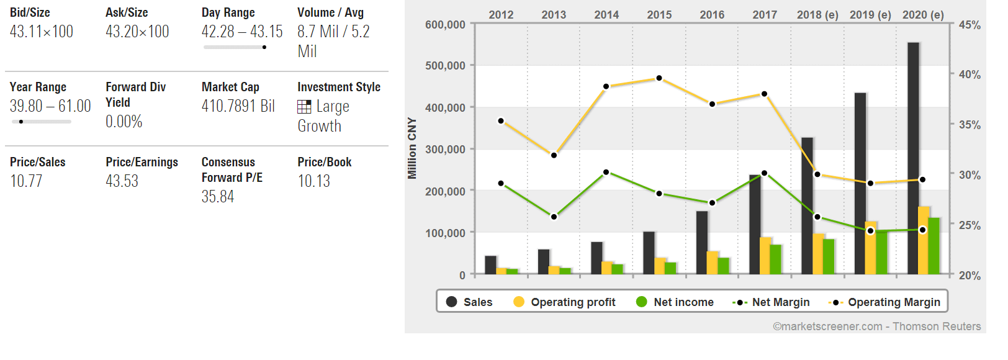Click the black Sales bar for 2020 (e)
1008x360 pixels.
point(913,158)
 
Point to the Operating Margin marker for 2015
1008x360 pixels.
point(659,78)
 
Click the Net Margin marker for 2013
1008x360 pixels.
point(554,217)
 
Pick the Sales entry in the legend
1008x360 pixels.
point(469,302)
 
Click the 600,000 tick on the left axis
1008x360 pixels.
point(445,25)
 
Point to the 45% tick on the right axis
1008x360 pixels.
point(970,25)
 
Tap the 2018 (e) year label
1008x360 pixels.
point(817,15)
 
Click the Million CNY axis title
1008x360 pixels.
point(412,148)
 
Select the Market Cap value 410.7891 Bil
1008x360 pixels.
point(238,106)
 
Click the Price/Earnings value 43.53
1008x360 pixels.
point(122,181)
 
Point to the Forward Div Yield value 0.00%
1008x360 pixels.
point(124,122)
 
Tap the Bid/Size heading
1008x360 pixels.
point(30,12)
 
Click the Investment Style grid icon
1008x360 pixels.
point(304,107)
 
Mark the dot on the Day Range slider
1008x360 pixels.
point(264,47)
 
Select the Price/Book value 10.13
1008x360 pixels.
point(313,181)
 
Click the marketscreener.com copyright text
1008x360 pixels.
point(876,326)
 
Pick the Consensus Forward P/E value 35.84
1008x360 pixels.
point(218,197)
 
